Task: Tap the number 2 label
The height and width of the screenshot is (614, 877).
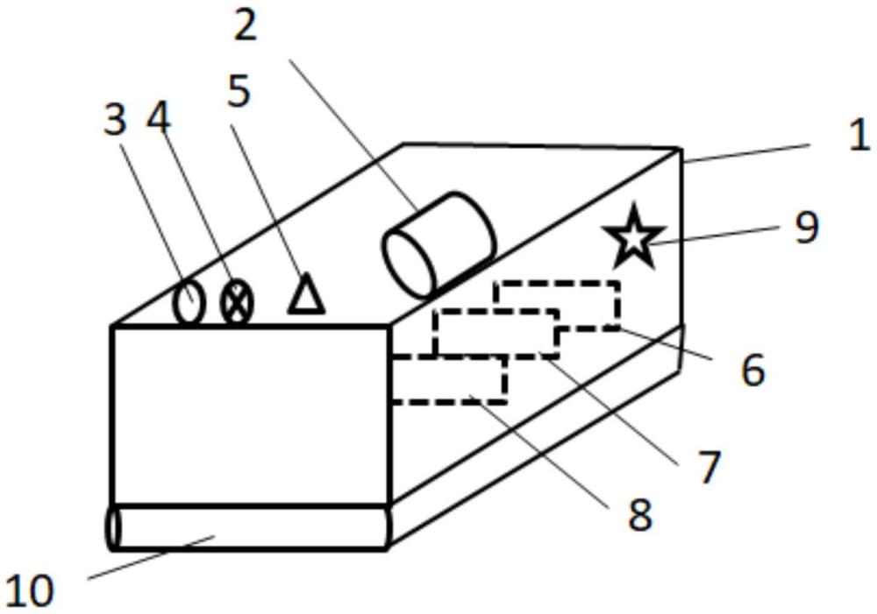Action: (246, 26)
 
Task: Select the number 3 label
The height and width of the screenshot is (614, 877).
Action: (115, 120)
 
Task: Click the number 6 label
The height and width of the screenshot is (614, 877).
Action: (752, 370)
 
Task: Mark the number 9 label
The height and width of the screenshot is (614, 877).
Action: (805, 227)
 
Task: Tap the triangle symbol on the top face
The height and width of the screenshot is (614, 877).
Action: (306, 294)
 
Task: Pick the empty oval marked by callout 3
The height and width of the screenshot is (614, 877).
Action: (188, 303)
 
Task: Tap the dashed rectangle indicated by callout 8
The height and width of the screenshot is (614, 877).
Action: (448, 380)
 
